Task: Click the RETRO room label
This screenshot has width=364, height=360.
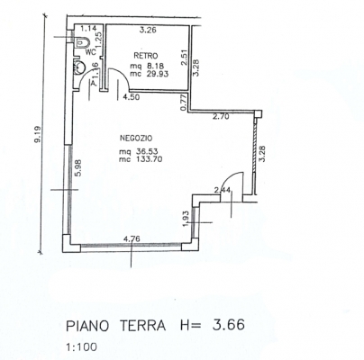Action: pos(146,56)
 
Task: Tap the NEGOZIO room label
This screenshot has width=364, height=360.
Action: pos(136,139)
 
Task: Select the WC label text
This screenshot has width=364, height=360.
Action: pos(91,52)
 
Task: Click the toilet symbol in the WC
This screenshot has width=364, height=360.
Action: pos(81,41)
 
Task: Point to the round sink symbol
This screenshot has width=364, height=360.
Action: pos(79,67)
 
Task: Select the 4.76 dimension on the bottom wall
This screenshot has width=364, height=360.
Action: pos(132,238)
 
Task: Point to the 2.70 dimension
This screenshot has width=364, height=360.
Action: pos(221,117)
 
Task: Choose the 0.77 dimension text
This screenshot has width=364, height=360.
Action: pos(185,103)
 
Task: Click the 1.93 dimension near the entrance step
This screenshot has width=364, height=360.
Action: pos(186,219)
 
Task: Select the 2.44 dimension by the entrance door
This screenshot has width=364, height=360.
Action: pos(222,190)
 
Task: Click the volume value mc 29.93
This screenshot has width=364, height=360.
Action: pos(150,74)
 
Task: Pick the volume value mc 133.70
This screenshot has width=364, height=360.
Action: pos(141,159)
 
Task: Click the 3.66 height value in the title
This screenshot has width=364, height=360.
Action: pos(228,324)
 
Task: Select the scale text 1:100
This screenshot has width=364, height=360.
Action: pos(81,347)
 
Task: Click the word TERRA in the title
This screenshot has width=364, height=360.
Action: pos(142,326)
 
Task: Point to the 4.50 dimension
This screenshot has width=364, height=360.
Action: pos(132,96)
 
